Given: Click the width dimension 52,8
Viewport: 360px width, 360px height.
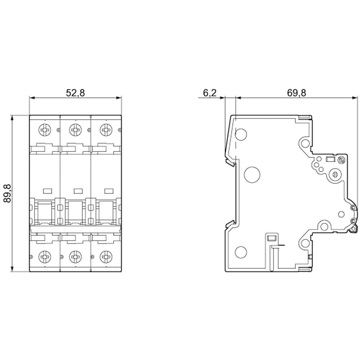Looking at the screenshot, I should [75, 93].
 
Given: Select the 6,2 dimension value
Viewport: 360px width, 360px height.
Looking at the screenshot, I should [210, 93].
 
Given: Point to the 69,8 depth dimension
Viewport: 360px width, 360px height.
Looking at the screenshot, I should [296, 93].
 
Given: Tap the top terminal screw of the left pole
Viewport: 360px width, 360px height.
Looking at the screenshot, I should [45, 129].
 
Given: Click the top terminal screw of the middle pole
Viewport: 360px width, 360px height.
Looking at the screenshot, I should [75, 129].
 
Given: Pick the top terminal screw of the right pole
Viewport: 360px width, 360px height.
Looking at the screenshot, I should [106, 129].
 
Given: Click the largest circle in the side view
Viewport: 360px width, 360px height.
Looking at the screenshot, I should [252, 174].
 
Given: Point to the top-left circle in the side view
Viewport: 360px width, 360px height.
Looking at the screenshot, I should [241, 135].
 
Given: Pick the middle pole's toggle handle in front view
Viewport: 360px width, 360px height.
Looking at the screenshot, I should [75, 212].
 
